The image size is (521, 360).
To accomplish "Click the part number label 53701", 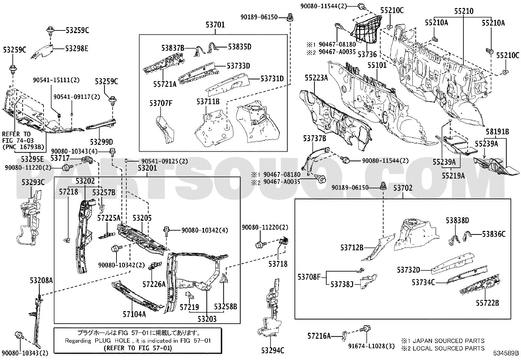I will pos(215,24).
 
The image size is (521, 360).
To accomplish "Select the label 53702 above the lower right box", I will pos(403,188).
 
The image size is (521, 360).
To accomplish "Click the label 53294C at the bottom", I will pos(273,351).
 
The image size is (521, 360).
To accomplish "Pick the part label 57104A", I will pos(134,314).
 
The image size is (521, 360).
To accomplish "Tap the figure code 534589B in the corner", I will pos(506,353).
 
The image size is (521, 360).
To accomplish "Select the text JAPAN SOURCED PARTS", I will pos(448,341).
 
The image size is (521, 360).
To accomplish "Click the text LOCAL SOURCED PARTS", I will pos(448,348).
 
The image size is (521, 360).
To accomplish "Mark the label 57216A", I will pos(319,336).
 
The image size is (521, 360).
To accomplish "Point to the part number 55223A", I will pos(316,78).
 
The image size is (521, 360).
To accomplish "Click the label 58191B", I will pos(497,132).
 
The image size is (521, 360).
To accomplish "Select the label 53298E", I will pos(77,48).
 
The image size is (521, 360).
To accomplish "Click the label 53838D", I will pos(457,220).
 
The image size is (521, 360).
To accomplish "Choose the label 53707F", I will pos(161,104).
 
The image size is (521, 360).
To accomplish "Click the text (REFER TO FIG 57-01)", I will pos(137,348).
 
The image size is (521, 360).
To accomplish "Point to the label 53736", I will pos(367,54).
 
